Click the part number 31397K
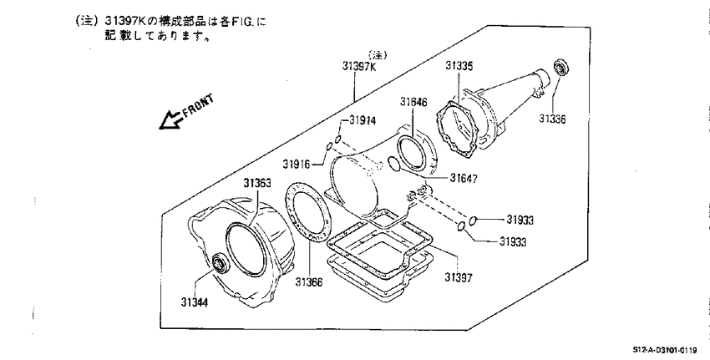point(359,67)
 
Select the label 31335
point(459,66)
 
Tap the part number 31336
point(552,119)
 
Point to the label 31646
point(413,102)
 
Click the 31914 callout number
point(363,120)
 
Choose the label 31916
point(297,165)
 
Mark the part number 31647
point(464,178)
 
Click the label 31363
point(257,183)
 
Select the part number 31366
point(309,281)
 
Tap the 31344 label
point(195,302)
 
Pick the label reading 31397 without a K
point(458,277)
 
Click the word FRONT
point(197,106)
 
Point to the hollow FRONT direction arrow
point(170,120)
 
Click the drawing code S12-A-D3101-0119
point(665,350)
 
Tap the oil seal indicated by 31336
point(562,67)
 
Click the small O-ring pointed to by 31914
point(338,139)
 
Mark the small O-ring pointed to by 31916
point(329,147)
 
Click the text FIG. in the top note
point(244,21)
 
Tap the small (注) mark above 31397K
point(378,55)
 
